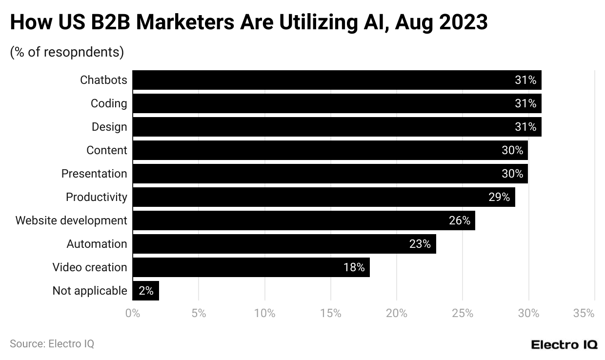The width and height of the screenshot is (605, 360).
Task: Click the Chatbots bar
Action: click(x=337, y=80)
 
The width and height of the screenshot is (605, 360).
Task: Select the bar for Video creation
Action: click(x=251, y=267)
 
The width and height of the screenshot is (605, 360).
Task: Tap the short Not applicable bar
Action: click(x=145, y=291)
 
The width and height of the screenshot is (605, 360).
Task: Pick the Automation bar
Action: click(x=284, y=244)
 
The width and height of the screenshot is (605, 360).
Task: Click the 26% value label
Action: click(x=460, y=220)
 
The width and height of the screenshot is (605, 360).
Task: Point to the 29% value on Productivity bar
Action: click(x=499, y=197)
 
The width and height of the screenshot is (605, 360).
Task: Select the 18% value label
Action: click(x=354, y=267)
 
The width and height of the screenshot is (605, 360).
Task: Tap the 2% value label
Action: click(x=146, y=291)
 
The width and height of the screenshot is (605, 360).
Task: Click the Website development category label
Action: click(x=71, y=220)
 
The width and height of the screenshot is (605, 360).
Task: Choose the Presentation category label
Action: click(x=94, y=174)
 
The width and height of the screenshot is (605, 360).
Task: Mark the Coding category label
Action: click(x=109, y=103)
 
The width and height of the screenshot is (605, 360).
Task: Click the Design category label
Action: click(x=109, y=127)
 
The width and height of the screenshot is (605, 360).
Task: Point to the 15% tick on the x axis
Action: click(x=331, y=313)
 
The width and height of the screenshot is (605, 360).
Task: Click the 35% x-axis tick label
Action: click(x=584, y=313)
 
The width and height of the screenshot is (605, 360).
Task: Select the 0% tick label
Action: click(x=133, y=313)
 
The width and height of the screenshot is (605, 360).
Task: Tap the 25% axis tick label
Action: click(x=463, y=313)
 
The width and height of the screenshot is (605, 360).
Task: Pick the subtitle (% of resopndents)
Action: click(x=67, y=52)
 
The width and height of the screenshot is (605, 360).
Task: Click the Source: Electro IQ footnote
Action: click(x=52, y=343)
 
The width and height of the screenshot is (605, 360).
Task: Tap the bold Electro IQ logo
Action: click(x=564, y=344)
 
